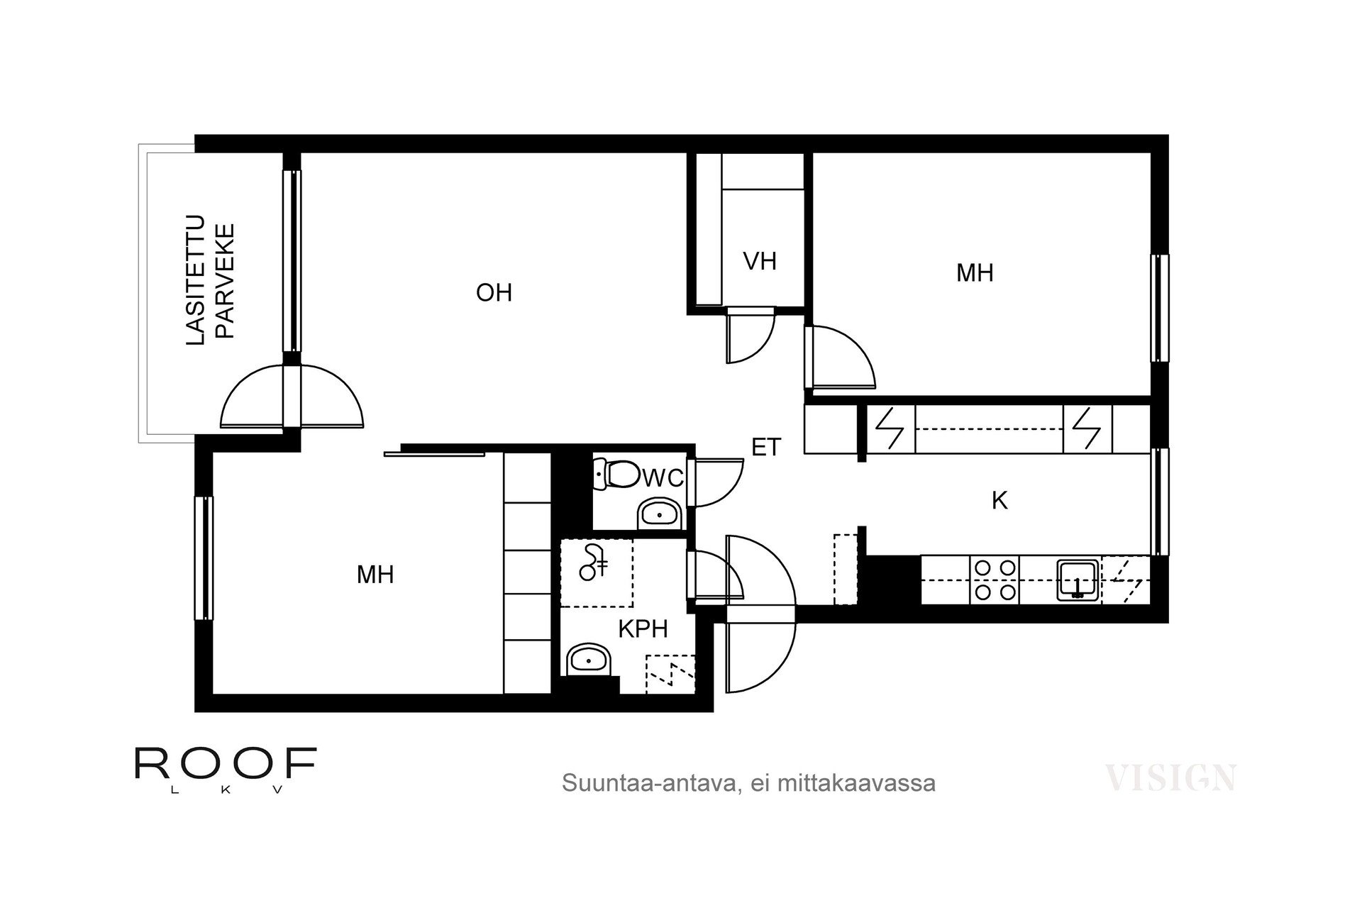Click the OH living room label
[x=494, y=292]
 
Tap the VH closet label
[x=760, y=261]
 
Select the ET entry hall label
[x=766, y=447]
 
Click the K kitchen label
[x=999, y=501]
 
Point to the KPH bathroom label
[x=643, y=629]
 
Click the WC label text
[x=663, y=478]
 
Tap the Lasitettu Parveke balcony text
[x=209, y=281]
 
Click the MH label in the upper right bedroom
[x=974, y=273]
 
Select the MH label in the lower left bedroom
[x=375, y=575]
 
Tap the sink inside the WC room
[x=660, y=514]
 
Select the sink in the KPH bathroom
[x=589, y=660]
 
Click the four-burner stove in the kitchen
[x=995, y=580]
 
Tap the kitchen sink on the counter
[x=1078, y=580]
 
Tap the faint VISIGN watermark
[x=1170, y=778]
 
